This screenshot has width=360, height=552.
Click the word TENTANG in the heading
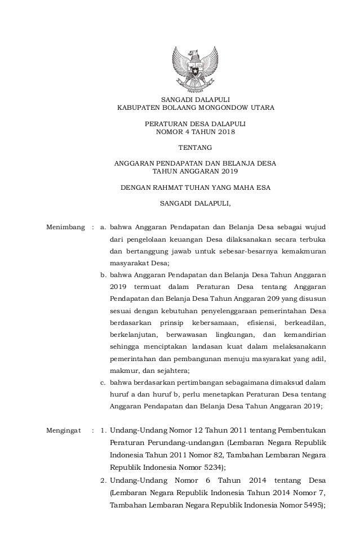coord(195,148)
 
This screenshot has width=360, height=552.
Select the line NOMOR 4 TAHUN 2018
coord(195,132)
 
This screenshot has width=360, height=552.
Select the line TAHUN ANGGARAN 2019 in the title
coord(195,171)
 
